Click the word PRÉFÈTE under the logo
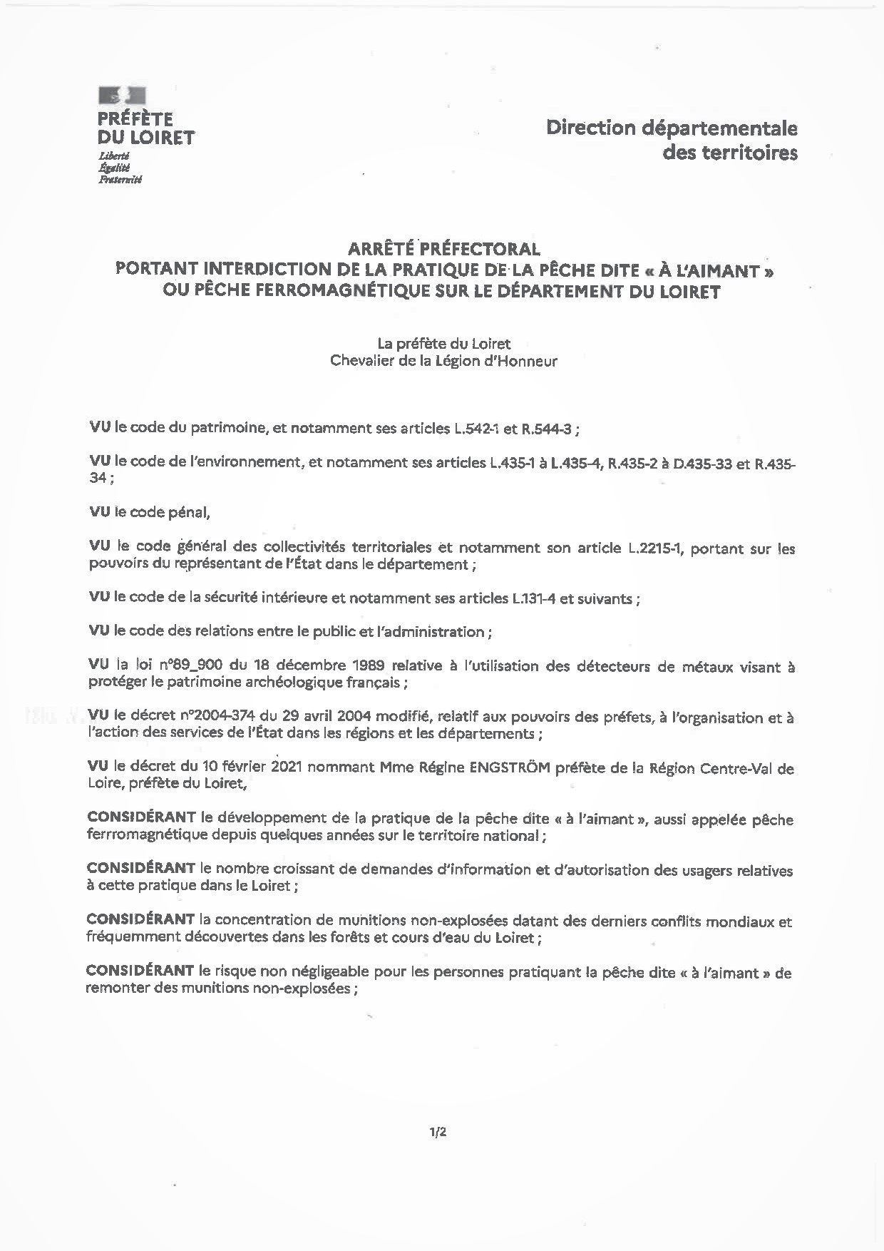click(x=135, y=118)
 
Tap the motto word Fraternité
click(x=120, y=180)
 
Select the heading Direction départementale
click(x=672, y=128)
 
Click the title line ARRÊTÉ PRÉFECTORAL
click(x=443, y=249)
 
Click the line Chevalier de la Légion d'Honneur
click(x=443, y=361)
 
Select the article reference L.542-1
click(x=480, y=429)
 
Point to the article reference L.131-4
click(x=535, y=599)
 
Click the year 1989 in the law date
click(x=369, y=665)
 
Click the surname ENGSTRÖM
click(x=508, y=769)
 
